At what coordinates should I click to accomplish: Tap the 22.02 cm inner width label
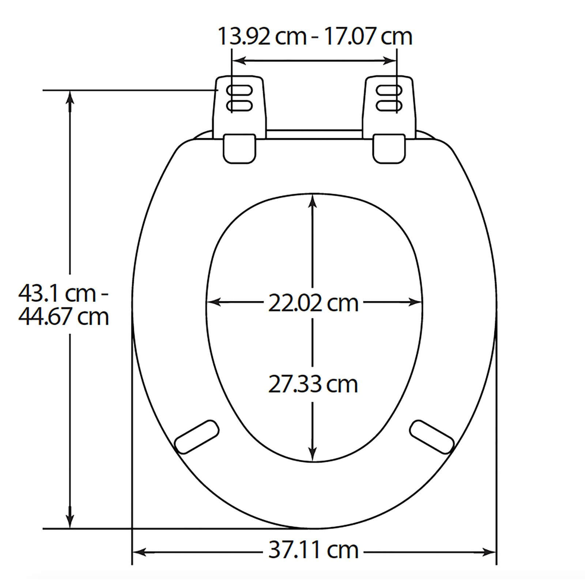(x=313, y=303)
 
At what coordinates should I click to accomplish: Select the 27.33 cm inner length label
(x=313, y=384)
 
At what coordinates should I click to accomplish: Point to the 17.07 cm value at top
(x=368, y=37)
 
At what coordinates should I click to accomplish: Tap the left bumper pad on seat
(x=197, y=437)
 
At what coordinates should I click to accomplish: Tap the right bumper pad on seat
(x=432, y=437)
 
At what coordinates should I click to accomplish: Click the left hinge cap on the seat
(x=239, y=148)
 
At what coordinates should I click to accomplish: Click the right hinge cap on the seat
(x=389, y=148)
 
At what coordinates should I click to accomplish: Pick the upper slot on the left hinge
(x=239, y=90)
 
